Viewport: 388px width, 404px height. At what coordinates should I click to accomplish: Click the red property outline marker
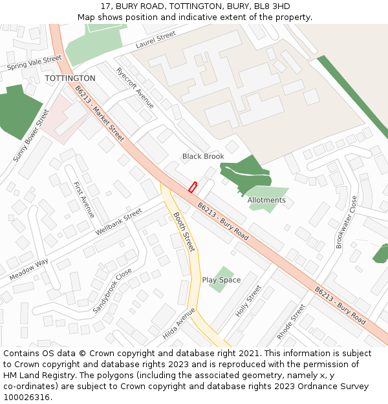tap(192, 187)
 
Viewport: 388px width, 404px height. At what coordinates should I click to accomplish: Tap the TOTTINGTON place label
tap(70, 78)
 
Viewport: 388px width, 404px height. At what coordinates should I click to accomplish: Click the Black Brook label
tap(203, 156)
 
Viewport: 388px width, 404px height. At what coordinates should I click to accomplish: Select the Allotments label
tap(266, 200)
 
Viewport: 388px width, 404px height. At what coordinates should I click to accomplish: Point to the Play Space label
tap(221, 280)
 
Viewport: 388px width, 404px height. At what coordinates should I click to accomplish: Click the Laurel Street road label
tap(156, 40)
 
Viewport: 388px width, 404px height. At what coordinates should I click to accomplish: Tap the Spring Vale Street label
tap(34, 63)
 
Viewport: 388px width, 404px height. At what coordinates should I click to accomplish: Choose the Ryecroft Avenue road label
tap(135, 87)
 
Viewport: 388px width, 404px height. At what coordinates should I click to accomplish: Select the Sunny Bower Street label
tap(31, 136)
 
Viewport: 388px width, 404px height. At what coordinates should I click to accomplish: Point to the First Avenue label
tap(84, 200)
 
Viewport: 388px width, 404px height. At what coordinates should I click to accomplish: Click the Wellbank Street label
tap(118, 222)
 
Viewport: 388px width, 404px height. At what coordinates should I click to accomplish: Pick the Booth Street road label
tap(184, 232)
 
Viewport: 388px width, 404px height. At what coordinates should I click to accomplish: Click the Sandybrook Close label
tap(112, 291)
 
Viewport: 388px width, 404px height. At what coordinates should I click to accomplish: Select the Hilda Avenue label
tap(179, 323)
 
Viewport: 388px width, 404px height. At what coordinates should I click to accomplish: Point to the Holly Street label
tap(248, 301)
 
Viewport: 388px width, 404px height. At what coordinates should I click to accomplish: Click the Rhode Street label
tap(291, 322)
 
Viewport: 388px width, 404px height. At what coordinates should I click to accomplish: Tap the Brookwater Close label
tap(346, 222)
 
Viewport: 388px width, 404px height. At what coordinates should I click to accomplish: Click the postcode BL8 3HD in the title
tap(272, 6)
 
